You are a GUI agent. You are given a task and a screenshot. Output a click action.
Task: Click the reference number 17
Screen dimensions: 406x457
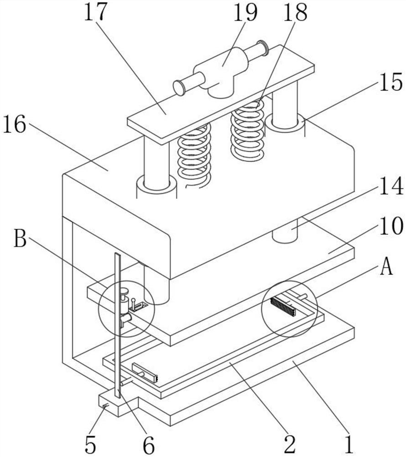tap(94, 12)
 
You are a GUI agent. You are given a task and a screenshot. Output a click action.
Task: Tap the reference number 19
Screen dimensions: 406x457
tap(245, 12)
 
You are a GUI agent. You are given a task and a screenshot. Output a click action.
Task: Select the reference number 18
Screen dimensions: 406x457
tap(296, 12)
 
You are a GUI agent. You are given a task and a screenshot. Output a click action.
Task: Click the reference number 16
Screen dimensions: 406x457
tap(15, 124)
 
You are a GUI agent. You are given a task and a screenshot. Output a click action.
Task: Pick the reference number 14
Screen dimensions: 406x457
tap(391, 186)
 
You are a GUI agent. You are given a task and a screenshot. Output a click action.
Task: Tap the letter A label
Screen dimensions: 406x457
tap(386, 267)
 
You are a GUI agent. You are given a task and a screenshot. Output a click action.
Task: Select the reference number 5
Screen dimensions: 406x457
tap(90, 445)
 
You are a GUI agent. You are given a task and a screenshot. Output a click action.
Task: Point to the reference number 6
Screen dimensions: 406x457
tap(149, 445)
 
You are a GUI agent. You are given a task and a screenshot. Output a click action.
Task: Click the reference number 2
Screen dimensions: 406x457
tap(290, 445)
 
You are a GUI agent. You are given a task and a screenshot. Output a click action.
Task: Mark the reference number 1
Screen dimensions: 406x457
tap(349, 445)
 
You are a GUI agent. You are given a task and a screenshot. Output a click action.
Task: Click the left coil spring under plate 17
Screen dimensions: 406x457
tap(194, 155)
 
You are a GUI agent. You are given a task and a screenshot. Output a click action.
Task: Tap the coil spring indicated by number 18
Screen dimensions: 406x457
tap(247, 130)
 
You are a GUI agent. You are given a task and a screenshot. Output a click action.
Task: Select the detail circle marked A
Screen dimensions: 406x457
tap(289, 309)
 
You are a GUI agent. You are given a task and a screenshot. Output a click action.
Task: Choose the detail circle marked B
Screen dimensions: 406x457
tap(126, 309)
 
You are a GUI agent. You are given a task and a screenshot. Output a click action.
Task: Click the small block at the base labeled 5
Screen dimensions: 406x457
tap(119, 404)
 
